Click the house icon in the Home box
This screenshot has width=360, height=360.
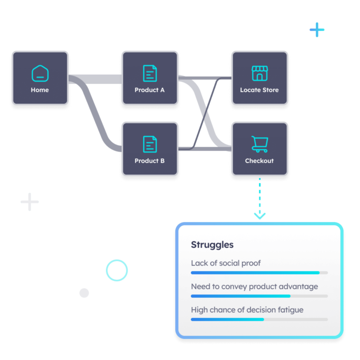[40, 73]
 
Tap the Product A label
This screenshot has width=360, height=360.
[149, 90]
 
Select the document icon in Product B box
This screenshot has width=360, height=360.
[150, 144]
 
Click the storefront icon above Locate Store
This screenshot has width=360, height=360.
[259, 73]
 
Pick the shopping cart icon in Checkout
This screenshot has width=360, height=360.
[259, 144]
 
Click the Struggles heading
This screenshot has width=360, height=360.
[212, 245]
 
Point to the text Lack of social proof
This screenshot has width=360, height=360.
[226, 263]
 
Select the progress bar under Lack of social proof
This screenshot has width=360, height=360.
[259, 272]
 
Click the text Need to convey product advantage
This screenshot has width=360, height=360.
[254, 287]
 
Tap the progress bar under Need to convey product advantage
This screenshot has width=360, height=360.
[259, 296]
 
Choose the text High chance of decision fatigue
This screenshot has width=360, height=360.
[247, 310]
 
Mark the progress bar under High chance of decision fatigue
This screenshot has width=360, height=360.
[259, 319]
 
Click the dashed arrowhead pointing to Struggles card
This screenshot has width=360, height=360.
[260, 216]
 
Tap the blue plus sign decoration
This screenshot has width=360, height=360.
[317, 30]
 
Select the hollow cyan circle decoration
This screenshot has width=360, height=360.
[117, 270]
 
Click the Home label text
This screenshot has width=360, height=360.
[40, 90]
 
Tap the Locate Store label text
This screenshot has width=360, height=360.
[259, 90]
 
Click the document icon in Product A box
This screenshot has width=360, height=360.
[150, 73]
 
